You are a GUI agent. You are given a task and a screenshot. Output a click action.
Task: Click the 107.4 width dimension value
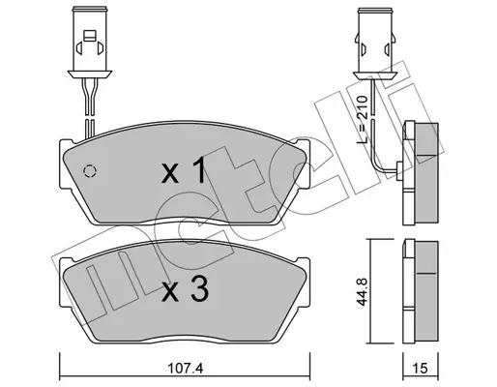pos(186,368)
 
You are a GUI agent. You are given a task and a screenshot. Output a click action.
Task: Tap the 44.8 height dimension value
pos(363,291)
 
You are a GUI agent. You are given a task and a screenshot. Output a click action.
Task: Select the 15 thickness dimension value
pos(420,368)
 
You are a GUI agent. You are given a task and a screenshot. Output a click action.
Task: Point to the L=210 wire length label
pos(363,120)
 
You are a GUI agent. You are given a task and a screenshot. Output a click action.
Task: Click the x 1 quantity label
pos(184,169)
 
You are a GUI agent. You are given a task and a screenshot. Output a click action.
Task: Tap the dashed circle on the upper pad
pos(90,171)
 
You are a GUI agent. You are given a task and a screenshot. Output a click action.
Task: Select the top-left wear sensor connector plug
pos(90,42)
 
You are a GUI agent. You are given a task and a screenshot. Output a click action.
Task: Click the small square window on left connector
pos(90,36)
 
